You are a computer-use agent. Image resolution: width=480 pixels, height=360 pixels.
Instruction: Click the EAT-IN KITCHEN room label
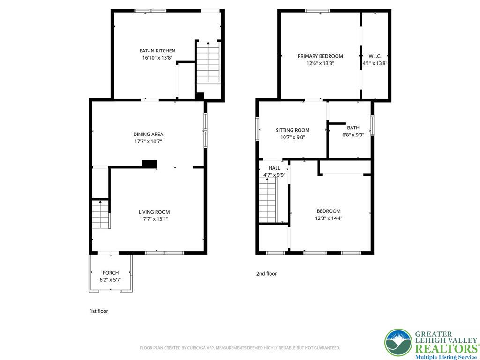click(157, 51)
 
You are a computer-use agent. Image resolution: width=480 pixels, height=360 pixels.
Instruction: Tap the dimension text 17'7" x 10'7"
click(148, 142)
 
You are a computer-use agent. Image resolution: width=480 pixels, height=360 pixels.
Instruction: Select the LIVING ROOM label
click(154, 212)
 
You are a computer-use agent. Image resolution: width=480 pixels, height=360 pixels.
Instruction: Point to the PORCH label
click(111, 273)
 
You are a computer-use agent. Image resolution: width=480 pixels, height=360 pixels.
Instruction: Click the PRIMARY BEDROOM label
click(320, 56)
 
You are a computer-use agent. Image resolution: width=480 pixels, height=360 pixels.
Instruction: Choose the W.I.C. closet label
click(375, 56)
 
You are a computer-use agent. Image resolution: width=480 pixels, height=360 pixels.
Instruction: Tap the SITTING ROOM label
click(292, 130)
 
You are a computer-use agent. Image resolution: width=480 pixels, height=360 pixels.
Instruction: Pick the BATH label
click(353, 127)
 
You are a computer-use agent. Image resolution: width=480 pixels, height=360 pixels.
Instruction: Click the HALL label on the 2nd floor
click(274, 168)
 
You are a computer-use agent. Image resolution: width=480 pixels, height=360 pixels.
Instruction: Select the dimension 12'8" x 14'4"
click(329, 218)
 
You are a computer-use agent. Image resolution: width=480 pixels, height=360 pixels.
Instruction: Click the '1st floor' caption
click(99, 311)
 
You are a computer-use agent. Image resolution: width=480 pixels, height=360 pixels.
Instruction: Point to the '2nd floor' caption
click(266, 273)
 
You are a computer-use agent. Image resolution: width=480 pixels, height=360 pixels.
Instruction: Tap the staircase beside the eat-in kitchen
click(208, 62)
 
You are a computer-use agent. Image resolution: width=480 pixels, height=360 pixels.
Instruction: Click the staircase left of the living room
click(101, 214)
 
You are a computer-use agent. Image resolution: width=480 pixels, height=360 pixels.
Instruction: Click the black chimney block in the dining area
click(150, 164)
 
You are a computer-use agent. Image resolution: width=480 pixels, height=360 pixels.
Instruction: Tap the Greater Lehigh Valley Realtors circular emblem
click(398, 343)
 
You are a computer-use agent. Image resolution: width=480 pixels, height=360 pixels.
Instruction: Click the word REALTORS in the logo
click(446, 348)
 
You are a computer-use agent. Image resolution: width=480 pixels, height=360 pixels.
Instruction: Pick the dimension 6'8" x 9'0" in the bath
click(353, 135)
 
